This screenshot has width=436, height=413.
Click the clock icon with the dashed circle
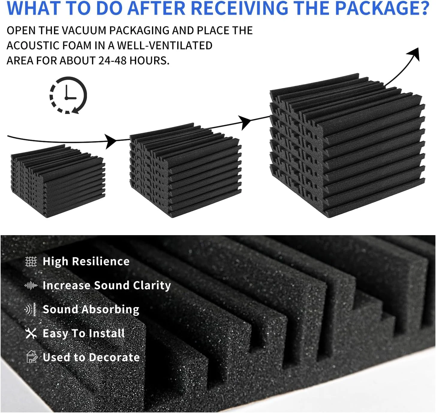68,95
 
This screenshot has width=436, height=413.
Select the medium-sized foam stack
185,170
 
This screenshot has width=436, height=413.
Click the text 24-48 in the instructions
112,61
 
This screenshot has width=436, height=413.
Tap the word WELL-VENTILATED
165,46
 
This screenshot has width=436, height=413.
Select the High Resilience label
86,262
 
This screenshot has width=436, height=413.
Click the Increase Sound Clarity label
107,285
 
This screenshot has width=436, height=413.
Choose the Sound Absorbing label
91,309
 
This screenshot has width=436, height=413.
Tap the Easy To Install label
84,333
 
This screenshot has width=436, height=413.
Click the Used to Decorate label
91,357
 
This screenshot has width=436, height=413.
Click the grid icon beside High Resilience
31,262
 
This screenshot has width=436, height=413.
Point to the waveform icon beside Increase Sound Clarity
31,285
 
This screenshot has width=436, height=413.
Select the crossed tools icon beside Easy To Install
31,333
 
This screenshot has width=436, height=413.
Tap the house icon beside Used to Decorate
31,357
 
